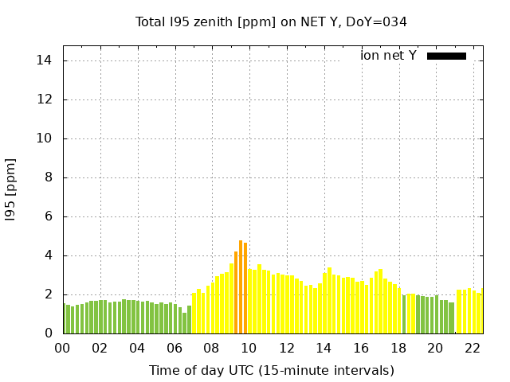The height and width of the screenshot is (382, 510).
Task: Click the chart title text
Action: (x=271, y=21)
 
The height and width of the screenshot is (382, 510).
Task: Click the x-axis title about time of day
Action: (x=271, y=370)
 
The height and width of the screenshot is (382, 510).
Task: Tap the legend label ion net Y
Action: (x=388, y=56)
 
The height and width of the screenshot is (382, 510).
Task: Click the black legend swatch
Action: (x=446, y=56)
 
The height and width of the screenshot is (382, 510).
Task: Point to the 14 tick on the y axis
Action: (x=45, y=60)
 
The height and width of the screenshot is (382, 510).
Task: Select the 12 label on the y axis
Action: (x=45, y=99)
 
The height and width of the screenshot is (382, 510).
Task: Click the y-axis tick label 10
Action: (x=45, y=138)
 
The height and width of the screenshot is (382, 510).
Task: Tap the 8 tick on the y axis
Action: (x=49, y=177)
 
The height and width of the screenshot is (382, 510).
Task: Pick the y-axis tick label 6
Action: (x=49, y=216)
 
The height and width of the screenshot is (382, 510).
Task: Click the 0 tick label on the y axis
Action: (x=49, y=333)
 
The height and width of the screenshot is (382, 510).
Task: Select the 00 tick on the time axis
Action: (x=62, y=348)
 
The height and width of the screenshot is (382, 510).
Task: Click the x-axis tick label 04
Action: (x=137, y=348)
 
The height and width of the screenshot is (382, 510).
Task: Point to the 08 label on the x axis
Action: (x=212, y=348)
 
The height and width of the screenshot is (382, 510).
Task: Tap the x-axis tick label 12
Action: (x=286, y=348)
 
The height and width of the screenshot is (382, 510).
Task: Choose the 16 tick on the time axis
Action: (x=361, y=348)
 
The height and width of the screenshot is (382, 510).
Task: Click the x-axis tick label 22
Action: (x=473, y=348)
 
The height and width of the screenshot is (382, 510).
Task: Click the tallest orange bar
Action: (x=241, y=287)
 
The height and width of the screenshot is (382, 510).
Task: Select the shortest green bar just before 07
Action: (x=185, y=323)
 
